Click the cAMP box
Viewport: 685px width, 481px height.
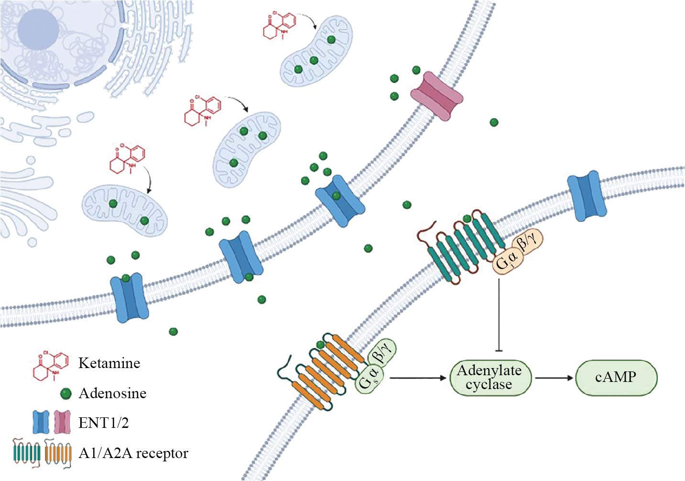click(616, 378)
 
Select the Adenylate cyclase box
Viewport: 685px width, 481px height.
click(489, 378)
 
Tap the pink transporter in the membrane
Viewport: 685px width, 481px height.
click(437, 96)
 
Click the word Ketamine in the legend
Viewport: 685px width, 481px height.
click(109, 363)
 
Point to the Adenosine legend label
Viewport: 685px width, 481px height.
click(112, 393)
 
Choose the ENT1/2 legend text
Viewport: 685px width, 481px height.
click(103, 423)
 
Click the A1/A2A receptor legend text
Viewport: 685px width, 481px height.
click(133, 453)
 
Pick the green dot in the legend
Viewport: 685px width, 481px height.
click(65, 394)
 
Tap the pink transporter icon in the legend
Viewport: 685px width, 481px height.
click(62, 422)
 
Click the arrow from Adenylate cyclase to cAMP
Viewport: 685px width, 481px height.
click(554, 378)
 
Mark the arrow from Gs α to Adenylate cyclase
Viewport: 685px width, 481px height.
click(418, 378)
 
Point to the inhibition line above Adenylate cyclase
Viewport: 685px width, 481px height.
click(499, 316)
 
